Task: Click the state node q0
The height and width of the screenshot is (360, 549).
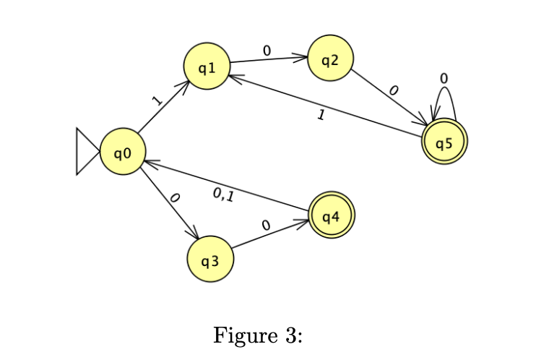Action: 123,152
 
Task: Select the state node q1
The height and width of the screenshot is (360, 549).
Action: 207,67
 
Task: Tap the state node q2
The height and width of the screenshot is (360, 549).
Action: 330,59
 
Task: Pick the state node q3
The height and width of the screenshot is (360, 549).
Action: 210,259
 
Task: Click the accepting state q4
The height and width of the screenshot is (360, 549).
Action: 331,215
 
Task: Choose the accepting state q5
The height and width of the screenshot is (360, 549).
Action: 444,141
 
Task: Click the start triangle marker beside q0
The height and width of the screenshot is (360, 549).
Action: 86,152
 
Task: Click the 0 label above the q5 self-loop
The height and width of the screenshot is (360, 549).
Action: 444,77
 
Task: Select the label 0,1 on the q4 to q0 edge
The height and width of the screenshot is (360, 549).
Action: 224,194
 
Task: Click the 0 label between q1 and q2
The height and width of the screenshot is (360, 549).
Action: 267,51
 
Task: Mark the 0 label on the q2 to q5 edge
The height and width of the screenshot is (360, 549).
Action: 393,90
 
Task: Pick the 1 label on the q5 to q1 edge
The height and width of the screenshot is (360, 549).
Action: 321,114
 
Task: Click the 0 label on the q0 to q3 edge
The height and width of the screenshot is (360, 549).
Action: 173,197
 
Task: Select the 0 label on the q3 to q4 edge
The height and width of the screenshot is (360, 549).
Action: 266,226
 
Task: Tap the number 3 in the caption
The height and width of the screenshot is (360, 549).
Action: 289,336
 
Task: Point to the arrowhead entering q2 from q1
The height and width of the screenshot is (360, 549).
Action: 303,57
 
